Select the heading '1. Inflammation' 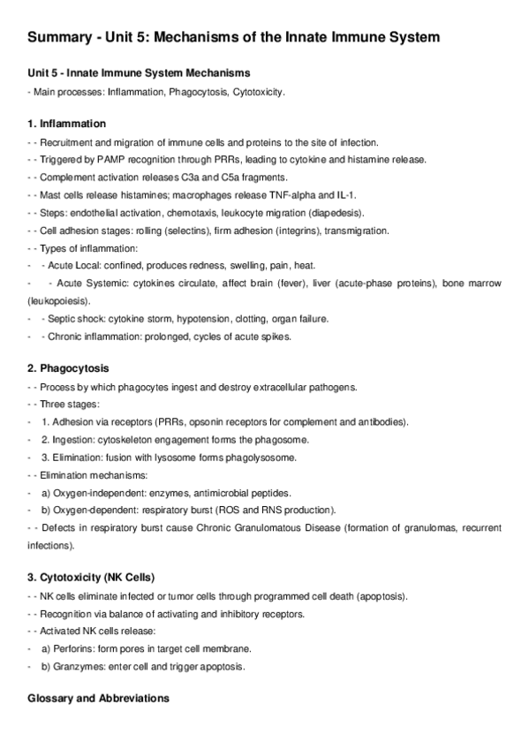click(x=66, y=124)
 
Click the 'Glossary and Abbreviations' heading click(x=98, y=698)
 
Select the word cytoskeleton click(x=130, y=439)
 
